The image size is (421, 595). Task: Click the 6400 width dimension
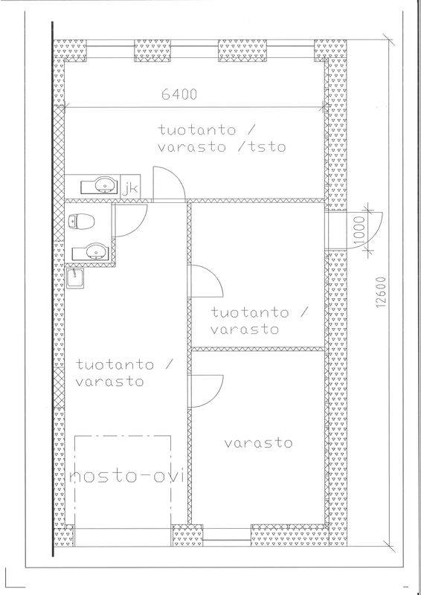pos(179,94)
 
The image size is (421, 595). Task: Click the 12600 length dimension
pos(382,292)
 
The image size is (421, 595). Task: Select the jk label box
pos(131,187)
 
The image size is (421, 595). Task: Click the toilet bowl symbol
pos(81,221)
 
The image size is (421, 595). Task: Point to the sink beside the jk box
pos(100,186)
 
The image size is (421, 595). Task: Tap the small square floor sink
pos(75,277)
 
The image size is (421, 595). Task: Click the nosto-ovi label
pos(127,476)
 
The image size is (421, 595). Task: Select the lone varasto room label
pos(258,443)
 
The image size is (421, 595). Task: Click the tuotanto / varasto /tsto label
pos(222,138)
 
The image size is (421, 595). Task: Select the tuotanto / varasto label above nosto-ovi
pos(124,373)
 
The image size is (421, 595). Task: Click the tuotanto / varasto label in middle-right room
pos(260,321)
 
